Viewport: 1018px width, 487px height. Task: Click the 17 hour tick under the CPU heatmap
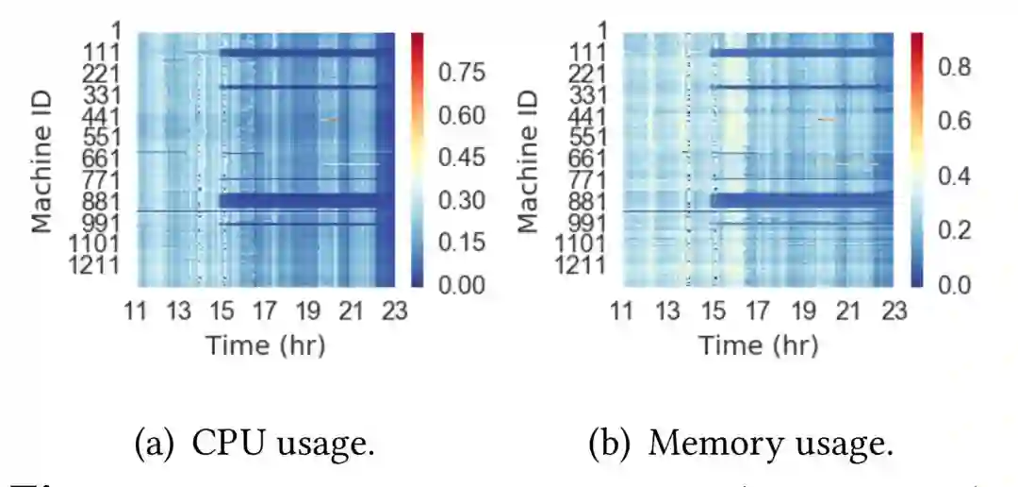(265, 311)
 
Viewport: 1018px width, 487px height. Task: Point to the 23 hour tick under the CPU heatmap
(394, 311)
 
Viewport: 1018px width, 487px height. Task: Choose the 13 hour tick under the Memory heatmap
(667, 311)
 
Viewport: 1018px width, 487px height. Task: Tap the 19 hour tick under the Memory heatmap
(803, 311)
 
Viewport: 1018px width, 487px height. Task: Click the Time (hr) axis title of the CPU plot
(265, 344)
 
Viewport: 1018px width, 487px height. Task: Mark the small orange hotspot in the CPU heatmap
(329, 119)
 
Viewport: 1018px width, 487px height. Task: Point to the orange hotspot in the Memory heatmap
(827, 120)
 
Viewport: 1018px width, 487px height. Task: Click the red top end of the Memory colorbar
(916, 38)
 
